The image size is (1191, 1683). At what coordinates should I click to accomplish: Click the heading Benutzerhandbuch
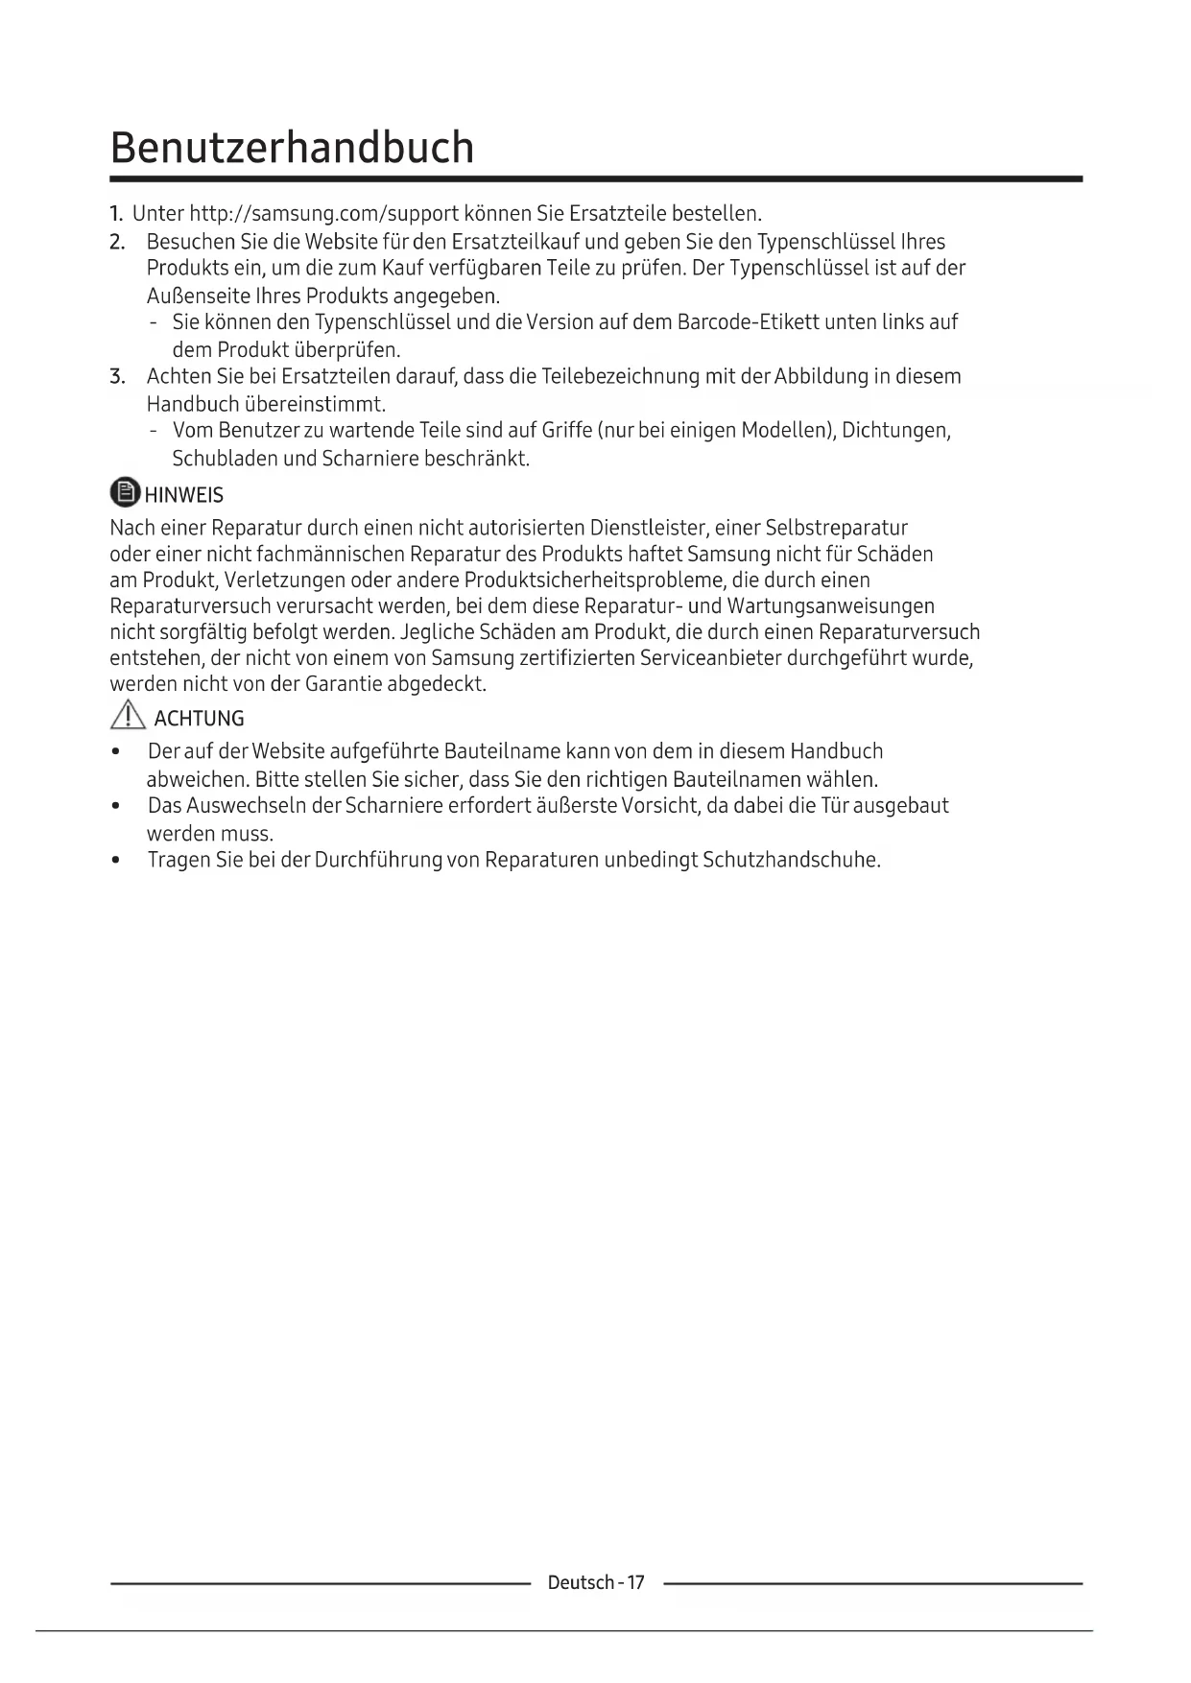tap(292, 148)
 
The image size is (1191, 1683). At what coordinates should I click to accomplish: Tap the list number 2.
tap(117, 242)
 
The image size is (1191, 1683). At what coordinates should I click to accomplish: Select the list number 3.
tap(117, 376)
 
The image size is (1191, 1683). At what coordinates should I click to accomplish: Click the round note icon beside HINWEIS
tap(125, 493)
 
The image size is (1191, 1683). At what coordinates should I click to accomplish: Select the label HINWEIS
tap(184, 495)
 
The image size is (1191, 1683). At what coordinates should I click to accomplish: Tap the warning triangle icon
tap(128, 716)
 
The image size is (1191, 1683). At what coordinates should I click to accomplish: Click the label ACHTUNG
tap(199, 719)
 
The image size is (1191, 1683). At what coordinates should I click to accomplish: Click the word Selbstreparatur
tap(836, 528)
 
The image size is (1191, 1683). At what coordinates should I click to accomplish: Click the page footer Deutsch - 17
tap(596, 1582)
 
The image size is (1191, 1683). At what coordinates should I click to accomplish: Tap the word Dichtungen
tap(895, 430)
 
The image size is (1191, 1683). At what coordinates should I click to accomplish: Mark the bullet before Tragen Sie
tap(116, 860)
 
